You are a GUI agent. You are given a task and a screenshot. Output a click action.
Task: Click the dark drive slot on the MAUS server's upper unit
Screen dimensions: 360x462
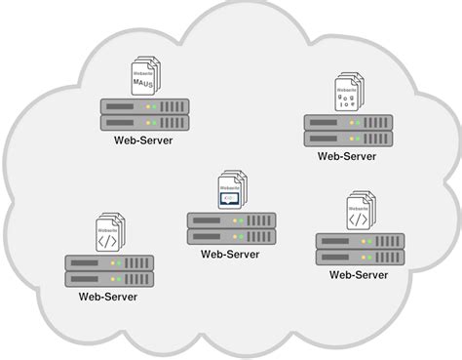tap(115, 104)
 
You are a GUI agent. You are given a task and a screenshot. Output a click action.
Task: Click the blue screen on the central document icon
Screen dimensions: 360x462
tap(226, 198)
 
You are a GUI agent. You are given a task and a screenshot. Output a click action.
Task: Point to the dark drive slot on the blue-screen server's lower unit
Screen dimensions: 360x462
tap(203, 237)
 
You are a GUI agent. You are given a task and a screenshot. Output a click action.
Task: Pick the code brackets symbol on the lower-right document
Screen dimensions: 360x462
tap(358, 219)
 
